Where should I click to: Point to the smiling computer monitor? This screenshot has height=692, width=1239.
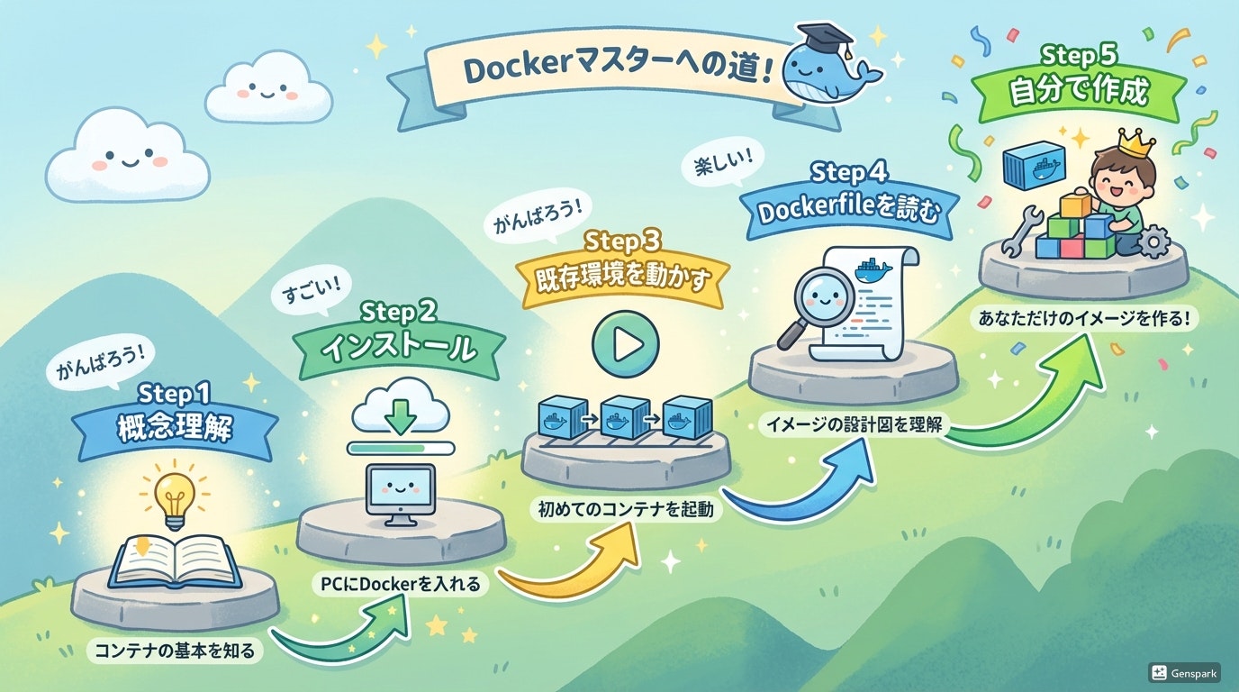click(400, 490)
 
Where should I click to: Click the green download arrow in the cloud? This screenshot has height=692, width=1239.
click(401, 415)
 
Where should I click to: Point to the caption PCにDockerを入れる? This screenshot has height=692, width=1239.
click(401, 584)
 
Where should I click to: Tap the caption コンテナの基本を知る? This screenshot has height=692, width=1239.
click(176, 650)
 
